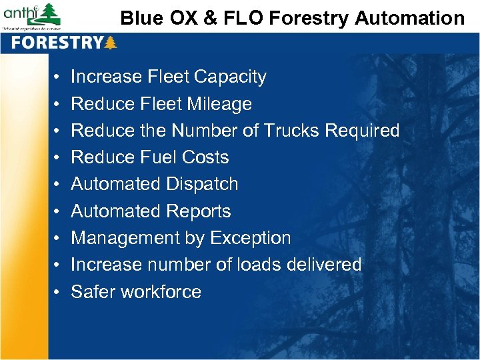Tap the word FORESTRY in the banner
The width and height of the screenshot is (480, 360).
[57, 43]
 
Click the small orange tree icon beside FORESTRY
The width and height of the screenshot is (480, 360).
[111, 43]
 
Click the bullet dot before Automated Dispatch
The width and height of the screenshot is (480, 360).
[59, 185]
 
